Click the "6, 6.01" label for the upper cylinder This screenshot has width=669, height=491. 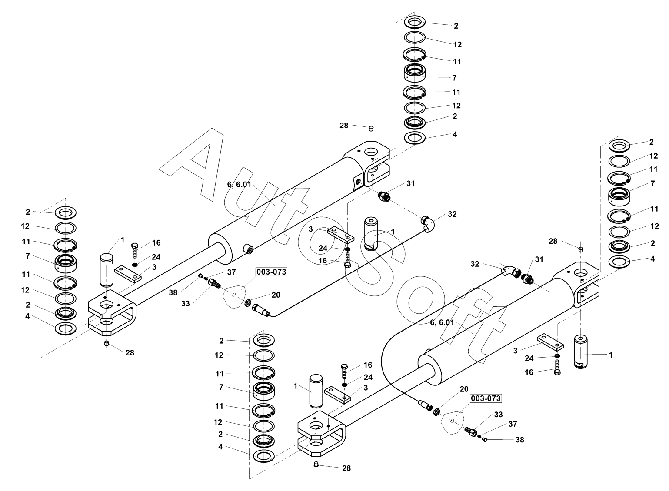(239, 185)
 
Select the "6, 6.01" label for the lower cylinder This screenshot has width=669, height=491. (442, 322)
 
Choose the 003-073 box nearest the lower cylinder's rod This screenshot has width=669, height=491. (486, 398)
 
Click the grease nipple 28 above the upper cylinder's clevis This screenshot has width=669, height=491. (371, 129)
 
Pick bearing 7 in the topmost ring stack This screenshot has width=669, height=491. (415, 74)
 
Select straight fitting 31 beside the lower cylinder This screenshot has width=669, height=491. (527, 279)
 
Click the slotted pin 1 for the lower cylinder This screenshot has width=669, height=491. (581, 352)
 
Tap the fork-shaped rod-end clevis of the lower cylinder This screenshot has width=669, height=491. (322, 433)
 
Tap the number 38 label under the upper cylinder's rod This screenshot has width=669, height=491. (173, 292)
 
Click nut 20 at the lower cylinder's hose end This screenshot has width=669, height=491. (436, 411)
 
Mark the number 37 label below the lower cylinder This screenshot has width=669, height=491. (513, 424)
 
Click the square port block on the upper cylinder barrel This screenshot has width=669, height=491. (358, 183)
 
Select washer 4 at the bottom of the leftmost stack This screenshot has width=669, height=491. (66, 328)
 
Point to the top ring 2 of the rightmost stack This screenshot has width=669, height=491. (619, 146)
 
